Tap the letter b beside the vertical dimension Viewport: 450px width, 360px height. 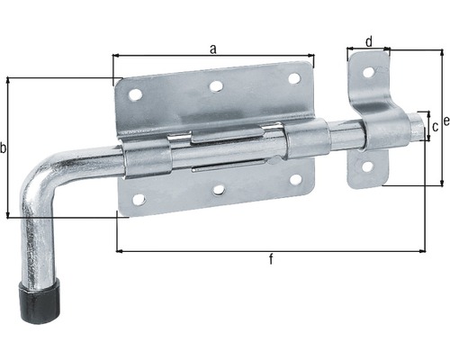(x=4, y=148)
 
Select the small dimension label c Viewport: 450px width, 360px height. (x=436, y=127)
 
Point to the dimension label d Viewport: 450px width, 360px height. (x=368, y=40)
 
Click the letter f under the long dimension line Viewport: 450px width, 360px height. (x=272, y=260)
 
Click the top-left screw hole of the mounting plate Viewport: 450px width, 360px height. (x=135, y=94)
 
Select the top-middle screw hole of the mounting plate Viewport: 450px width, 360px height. (x=216, y=87)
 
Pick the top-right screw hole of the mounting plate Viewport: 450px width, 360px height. (x=293, y=79)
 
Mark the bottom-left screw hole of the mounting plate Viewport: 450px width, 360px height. (x=139, y=199)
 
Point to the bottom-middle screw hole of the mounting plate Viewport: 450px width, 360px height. (x=219, y=190)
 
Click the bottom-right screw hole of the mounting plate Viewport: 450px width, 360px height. (x=295, y=179)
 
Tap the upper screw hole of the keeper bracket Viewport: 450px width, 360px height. (x=368, y=72)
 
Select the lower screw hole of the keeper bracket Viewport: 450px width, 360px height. (x=367, y=166)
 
